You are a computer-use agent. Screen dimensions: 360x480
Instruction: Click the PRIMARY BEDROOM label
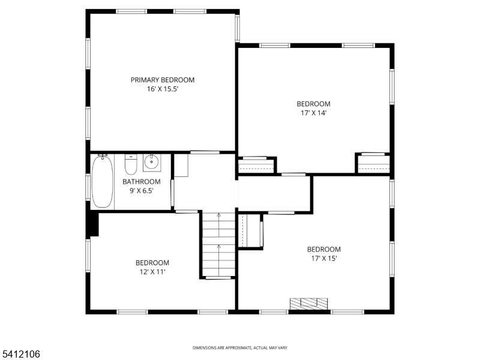pyautogui.click(x=163, y=80)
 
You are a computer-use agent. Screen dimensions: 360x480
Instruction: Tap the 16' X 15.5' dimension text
pyautogui.click(x=163, y=89)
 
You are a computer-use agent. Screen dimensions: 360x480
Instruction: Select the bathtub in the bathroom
pyautogui.click(x=102, y=182)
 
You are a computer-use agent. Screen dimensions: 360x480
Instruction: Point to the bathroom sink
pyautogui.click(x=151, y=161)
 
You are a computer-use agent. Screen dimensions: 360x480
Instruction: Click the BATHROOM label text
pyautogui.click(x=142, y=182)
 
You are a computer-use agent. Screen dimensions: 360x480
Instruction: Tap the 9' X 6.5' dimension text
pyautogui.click(x=142, y=191)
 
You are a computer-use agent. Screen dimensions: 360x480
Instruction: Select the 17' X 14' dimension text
pyautogui.click(x=313, y=112)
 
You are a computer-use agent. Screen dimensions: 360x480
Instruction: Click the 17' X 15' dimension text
pyautogui.click(x=323, y=259)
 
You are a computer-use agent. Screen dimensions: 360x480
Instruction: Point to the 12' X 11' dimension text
pyautogui.click(x=152, y=272)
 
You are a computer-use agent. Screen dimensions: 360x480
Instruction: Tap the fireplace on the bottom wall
pyautogui.click(x=310, y=304)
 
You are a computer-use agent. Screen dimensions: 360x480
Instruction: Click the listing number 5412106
pyautogui.click(x=20, y=355)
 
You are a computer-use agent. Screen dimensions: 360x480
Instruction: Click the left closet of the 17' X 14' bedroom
pyautogui.click(x=256, y=165)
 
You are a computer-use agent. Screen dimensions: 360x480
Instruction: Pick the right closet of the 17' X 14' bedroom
pyautogui.click(x=373, y=163)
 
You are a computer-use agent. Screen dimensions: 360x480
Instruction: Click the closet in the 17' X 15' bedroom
pyautogui.click(x=251, y=230)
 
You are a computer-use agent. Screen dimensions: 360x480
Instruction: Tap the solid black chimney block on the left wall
pyautogui.click(x=92, y=223)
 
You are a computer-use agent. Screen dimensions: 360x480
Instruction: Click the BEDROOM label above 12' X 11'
pyautogui.click(x=152, y=263)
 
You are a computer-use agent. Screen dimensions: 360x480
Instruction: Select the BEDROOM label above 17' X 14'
pyautogui.click(x=313, y=103)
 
